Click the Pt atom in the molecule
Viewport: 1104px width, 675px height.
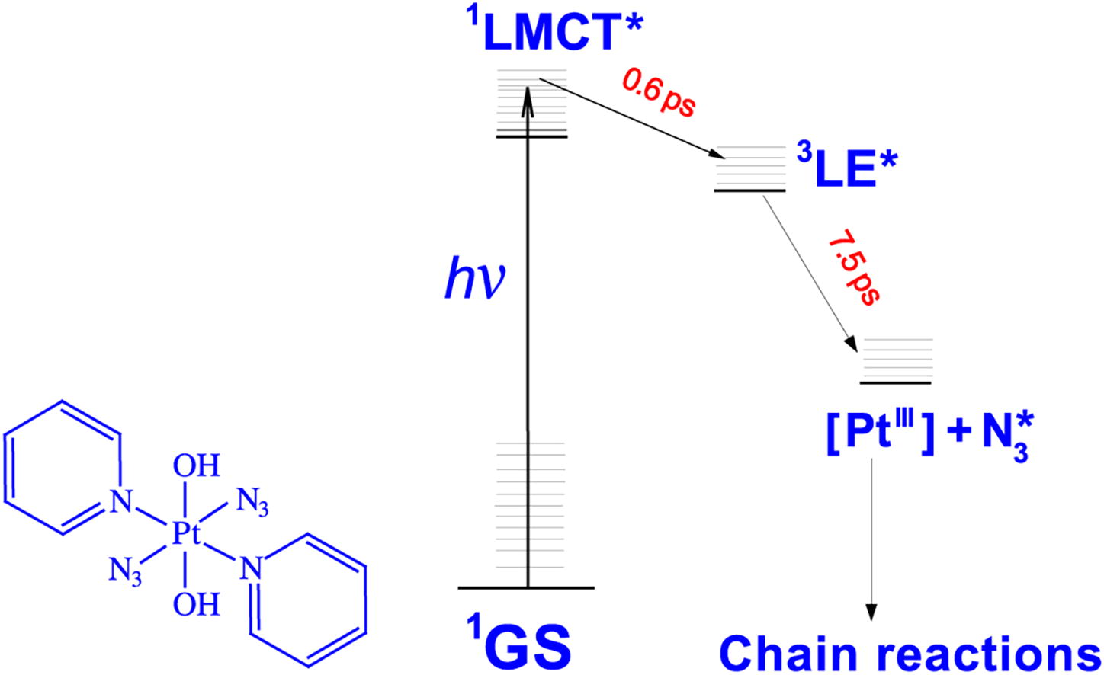click(185, 536)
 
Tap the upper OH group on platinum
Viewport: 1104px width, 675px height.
click(196, 465)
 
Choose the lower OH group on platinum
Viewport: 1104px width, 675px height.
click(196, 605)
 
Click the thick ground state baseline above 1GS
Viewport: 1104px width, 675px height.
click(526, 588)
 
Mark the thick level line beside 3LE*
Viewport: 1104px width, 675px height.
click(749, 190)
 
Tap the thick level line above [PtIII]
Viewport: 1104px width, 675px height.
click(896, 382)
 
